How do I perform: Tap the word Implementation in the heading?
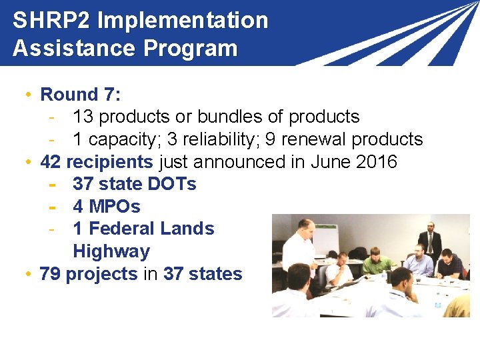click(x=183, y=21)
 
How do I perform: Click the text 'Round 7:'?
click(x=80, y=95)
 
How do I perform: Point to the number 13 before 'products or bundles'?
click(x=83, y=117)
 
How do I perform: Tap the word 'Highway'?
click(x=111, y=251)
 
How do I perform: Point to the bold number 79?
click(x=50, y=274)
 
